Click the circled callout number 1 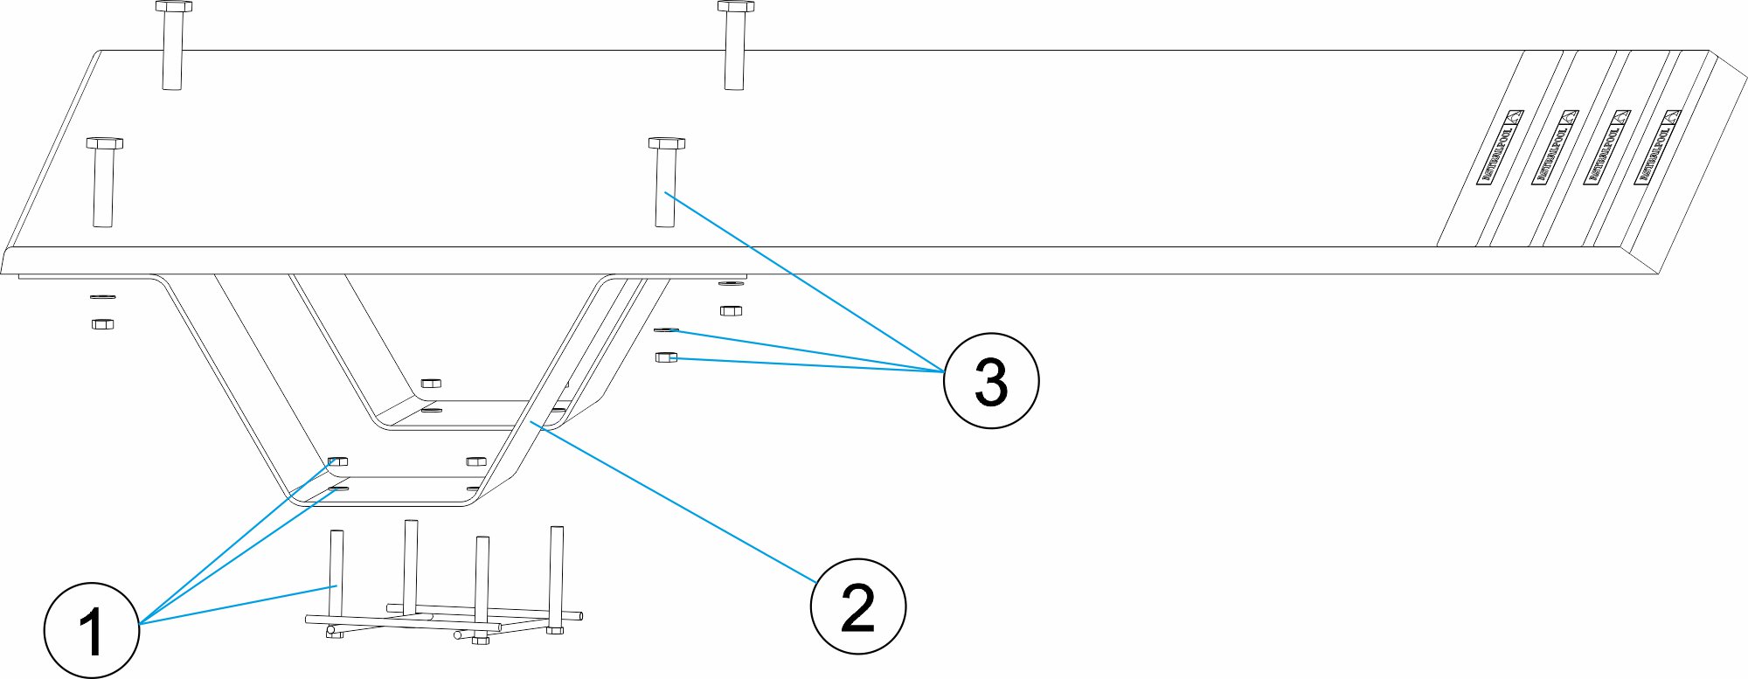pyautogui.click(x=92, y=630)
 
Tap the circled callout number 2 pyautogui.click(x=857, y=606)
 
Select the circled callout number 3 pyautogui.click(x=990, y=380)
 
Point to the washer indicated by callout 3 pyautogui.click(x=666, y=329)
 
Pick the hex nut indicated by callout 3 pyautogui.click(x=666, y=357)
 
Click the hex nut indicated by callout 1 pyautogui.click(x=337, y=461)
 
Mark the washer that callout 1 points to pyautogui.click(x=337, y=488)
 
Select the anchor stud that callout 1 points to pyautogui.click(x=336, y=577)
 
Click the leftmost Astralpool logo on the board pyautogui.click(x=1500, y=147)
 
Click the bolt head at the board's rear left pyautogui.click(x=174, y=7)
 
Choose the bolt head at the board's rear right pyautogui.click(x=736, y=7)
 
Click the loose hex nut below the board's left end pyautogui.click(x=102, y=324)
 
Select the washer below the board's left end pyautogui.click(x=102, y=297)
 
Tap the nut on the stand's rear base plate pyautogui.click(x=431, y=383)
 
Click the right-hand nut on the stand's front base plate pyautogui.click(x=475, y=461)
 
